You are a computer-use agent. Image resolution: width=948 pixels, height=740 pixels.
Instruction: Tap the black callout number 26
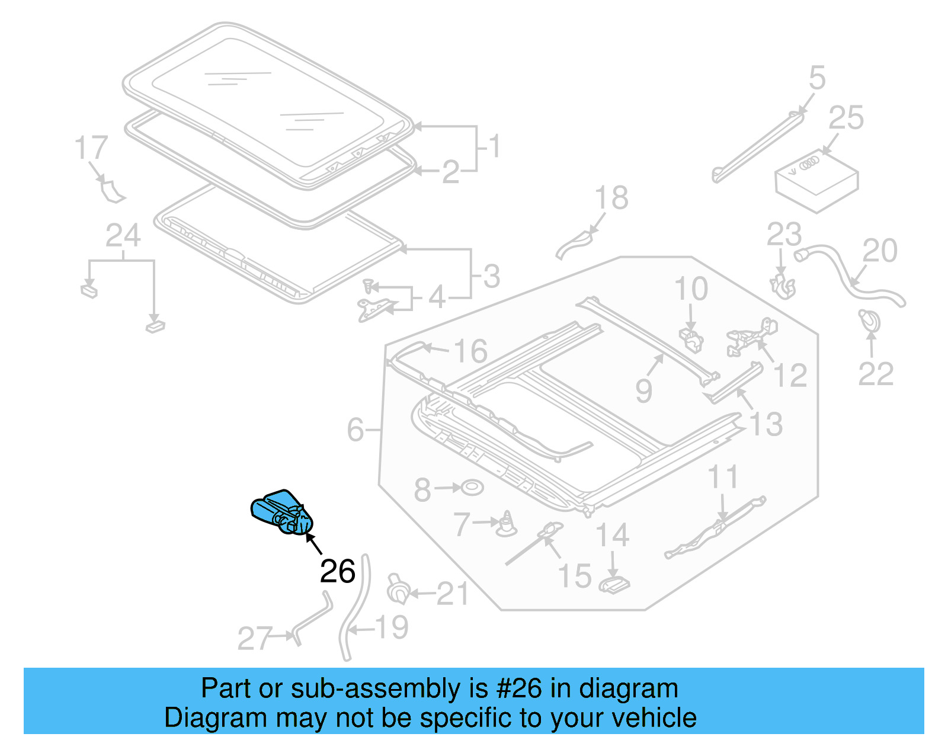coord(337,571)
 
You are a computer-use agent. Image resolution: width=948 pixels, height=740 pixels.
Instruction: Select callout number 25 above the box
coord(845,118)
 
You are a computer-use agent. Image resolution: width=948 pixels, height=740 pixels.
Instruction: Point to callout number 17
coord(91,148)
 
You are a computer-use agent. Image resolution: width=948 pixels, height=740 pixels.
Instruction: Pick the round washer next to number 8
coord(472,488)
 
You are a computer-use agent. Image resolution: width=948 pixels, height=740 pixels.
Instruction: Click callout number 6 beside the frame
coord(355,430)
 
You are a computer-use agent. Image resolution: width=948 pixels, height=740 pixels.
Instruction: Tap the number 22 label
coord(876,374)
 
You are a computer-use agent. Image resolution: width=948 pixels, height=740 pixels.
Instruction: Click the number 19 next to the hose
coord(392,627)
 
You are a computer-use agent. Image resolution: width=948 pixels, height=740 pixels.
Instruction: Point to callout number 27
coord(255,639)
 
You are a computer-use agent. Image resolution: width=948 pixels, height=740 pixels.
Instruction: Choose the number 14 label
coord(612,535)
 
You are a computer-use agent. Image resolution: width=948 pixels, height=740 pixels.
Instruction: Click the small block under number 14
coord(614,585)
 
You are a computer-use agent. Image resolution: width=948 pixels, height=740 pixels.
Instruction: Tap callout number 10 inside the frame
coord(691,289)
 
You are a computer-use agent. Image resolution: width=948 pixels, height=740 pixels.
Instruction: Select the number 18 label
coord(611,198)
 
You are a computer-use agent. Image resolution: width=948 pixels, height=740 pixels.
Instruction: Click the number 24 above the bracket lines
coord(123,236)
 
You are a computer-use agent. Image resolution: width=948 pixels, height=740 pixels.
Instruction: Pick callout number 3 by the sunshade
coord(491,277)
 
